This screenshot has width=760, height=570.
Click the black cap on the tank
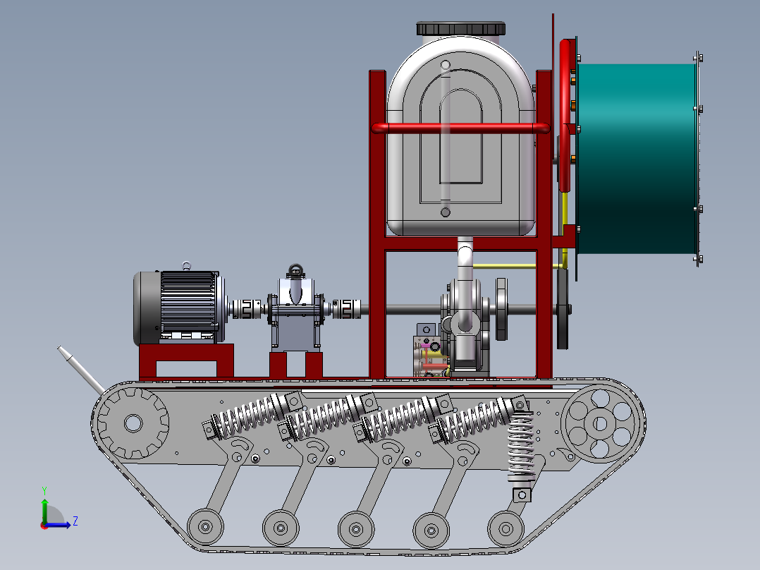coord(460,28)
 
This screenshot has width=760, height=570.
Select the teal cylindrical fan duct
coord(637,159)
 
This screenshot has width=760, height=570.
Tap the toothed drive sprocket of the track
coord(133,423)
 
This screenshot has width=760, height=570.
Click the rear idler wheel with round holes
coord(599,423)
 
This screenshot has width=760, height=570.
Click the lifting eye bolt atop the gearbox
coord(295,270)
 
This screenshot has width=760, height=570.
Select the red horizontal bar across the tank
coord(460,128)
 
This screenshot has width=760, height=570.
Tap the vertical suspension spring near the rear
coord(521,447)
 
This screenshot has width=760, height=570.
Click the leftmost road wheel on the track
coord(206,527)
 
